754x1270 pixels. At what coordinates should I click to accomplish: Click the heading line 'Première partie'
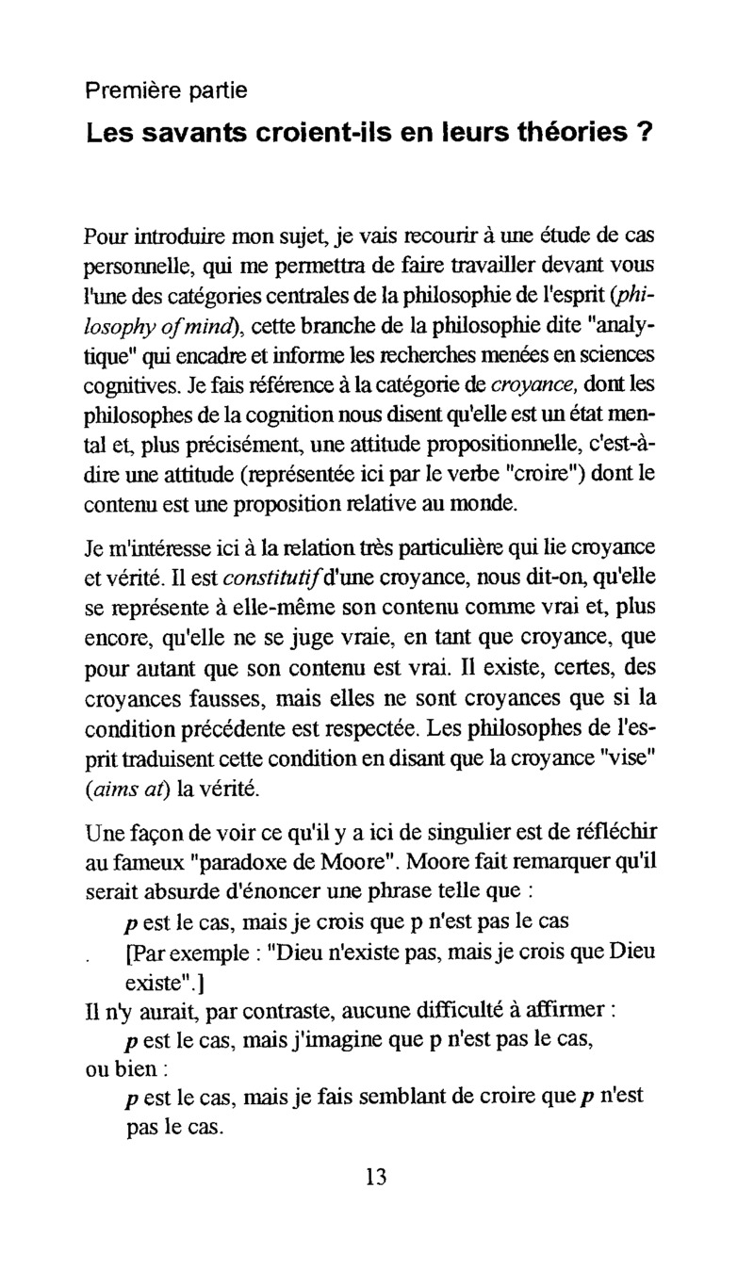(x=166, y=91)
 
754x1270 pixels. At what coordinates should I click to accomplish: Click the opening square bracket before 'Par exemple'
(x=129, y=954)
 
